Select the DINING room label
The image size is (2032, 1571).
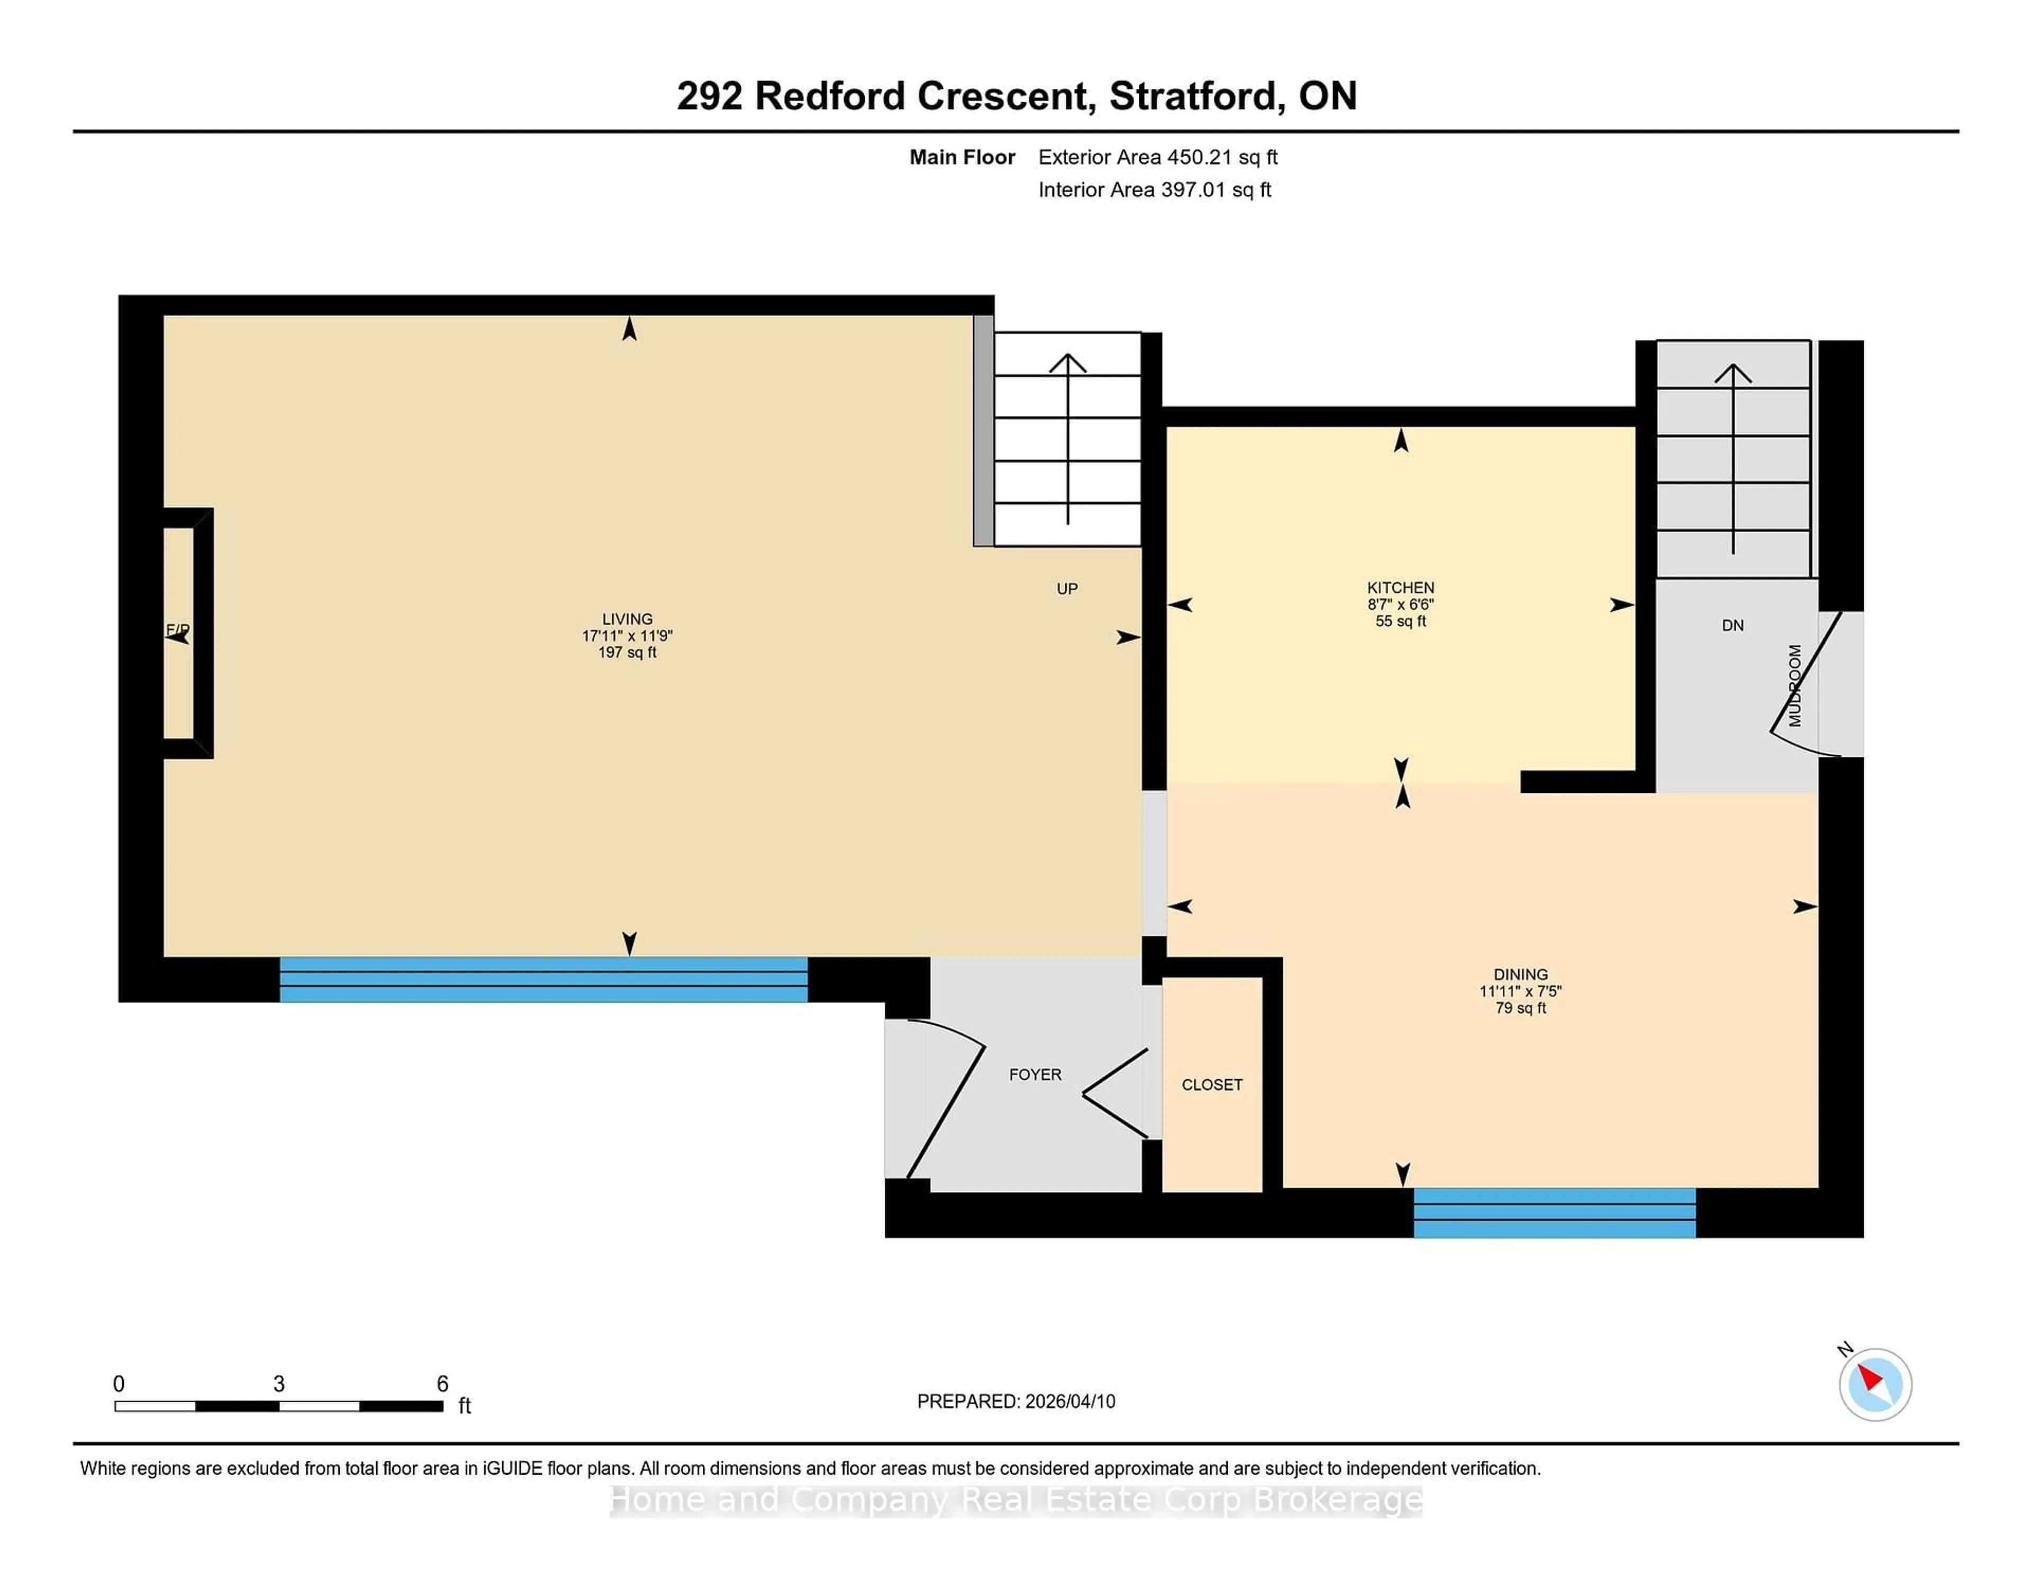(1520, 974)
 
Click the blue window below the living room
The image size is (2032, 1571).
(543, 979)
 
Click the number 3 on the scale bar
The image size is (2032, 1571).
(278, 1384)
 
